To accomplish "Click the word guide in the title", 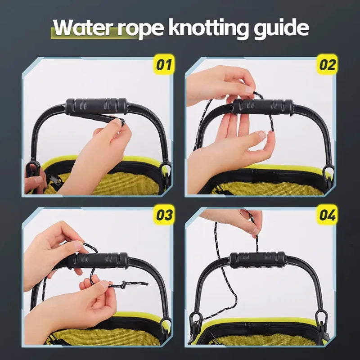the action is click(281, 28).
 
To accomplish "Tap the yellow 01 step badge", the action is click(164, 64).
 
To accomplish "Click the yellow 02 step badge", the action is click(328, 64).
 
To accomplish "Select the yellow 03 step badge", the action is click(164, 215).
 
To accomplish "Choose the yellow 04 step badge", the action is click(328, 215).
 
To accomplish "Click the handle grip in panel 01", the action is click(96, 106).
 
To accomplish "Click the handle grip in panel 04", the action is click(257, 260).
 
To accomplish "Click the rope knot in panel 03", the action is click(123, 285).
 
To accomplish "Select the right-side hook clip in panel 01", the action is click(166, 173).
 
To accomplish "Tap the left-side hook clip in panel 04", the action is click(195, 324).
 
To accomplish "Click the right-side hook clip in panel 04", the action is click(321, 321).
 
